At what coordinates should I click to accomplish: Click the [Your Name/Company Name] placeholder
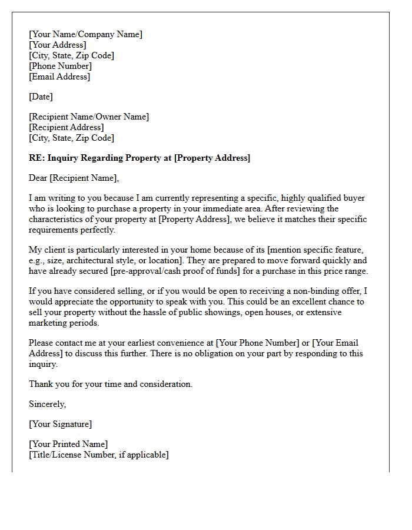(x=85, y=34)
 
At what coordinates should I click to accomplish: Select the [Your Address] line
(x=58, y=45)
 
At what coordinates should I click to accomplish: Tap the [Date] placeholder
(x=41, y=97)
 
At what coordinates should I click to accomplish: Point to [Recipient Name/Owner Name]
(x=89, y=117)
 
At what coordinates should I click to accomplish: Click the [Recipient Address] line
(x=67, y=127)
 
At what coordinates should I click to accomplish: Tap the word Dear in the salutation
(x=38, y=178)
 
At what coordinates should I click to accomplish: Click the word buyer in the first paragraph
(x=354, y=198)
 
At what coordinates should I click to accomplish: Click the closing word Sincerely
(x=47, y=404)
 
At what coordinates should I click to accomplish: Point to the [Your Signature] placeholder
(x=60, y=424)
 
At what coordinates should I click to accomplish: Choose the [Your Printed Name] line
(x=68, y=444)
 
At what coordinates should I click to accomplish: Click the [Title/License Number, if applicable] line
(x=99, y=455)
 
